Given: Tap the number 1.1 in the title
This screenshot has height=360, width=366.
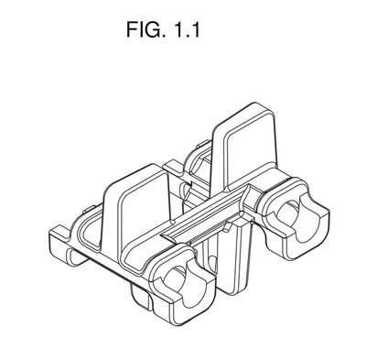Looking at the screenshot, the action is [x=187, y=29].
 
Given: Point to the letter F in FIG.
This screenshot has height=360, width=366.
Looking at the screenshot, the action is [x=132, y=29].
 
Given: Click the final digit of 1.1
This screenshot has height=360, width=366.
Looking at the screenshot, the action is [x=196, y=29].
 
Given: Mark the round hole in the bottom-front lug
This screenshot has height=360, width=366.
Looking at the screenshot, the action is [x=175, y=278].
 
